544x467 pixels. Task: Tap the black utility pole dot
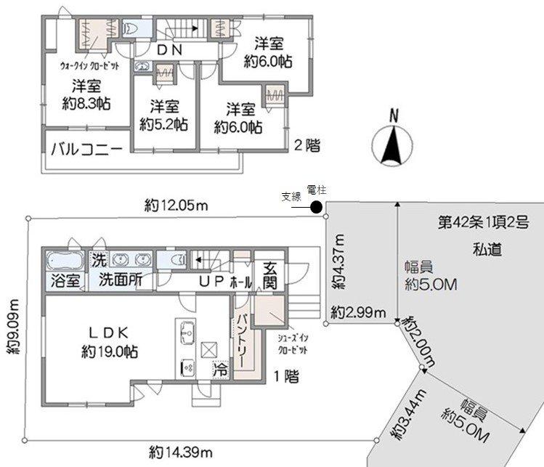(x=317, y=208)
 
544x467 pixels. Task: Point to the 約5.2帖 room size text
(x=164, y=123)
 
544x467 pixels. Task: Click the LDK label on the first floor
(x=109, y=333)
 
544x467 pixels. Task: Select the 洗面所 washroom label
(x=120, y=280)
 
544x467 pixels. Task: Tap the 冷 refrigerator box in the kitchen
(x=219, y=369)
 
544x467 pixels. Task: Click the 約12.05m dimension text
(x=176, y=206)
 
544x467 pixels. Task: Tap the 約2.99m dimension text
(x=356, y=313)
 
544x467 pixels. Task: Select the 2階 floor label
(x=306, y=145)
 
